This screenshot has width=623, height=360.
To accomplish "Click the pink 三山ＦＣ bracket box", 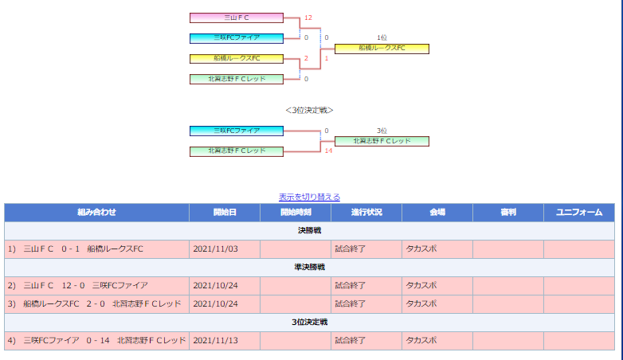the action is (237, 18).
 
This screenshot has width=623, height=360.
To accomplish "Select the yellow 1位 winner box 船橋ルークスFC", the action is (382, 49).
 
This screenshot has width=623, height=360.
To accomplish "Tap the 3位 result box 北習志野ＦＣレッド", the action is (382, 141).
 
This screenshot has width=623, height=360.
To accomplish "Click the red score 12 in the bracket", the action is (308, 18).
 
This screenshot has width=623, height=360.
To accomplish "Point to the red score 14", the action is (328, 151).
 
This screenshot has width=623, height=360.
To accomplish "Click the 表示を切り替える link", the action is (309, 197).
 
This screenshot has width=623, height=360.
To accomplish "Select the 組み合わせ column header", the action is (96, 212).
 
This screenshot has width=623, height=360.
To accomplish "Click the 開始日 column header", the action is (225, 212).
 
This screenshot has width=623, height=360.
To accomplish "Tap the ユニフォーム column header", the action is (579, 212).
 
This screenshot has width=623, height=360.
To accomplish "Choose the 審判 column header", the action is (508, 212).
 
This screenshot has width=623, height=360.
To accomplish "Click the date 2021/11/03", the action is (215, 249).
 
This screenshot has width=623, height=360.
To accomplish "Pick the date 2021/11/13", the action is (215, 341).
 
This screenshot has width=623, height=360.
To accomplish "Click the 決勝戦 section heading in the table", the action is (310, 230).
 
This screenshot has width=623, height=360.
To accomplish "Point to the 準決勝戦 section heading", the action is (310, 267).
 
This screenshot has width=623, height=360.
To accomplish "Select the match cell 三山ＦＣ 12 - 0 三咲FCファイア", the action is (96, 286).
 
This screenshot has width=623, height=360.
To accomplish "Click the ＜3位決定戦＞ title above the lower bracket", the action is (309, 110).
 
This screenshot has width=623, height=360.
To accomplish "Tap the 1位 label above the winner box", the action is (382, 37).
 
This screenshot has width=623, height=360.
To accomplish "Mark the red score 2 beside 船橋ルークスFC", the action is (306, 58).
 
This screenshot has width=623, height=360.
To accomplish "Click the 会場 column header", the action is (437, 212).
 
